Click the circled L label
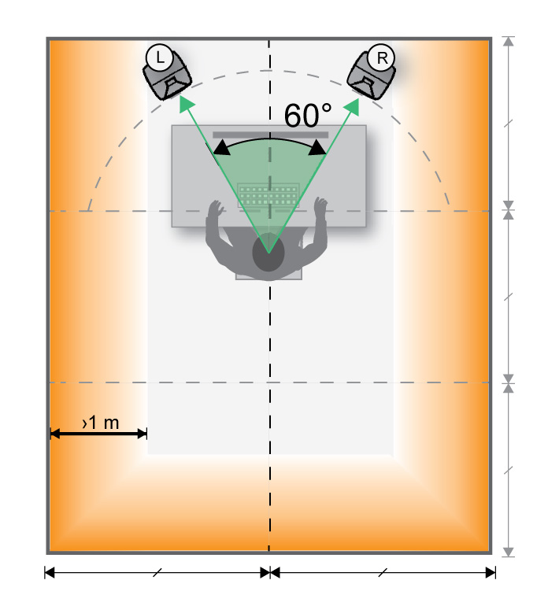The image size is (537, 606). coord(159,57)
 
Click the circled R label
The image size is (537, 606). coord(382,57)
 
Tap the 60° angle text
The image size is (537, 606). coord(308,115)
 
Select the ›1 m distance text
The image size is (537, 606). coord(101,423)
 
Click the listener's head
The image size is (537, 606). coord(268,253)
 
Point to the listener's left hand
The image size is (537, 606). coord(215,209)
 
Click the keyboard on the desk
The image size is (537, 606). coord(268,195)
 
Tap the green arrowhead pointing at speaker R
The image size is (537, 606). coord(352,107)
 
